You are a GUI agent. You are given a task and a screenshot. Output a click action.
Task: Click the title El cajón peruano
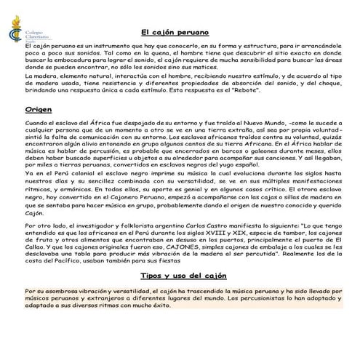pyautogui.click(x=175, y=33)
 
